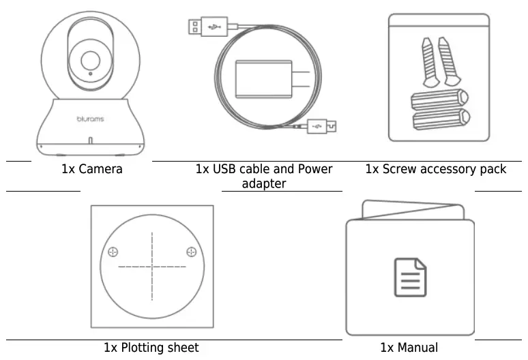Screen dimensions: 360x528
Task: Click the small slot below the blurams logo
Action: coord(90,141)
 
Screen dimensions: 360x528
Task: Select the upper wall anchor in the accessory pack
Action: coord(439,100)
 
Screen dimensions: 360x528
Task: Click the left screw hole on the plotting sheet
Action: coord(113,250)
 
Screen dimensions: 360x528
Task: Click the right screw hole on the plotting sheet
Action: coord(191,250)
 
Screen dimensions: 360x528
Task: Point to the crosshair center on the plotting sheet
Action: coord(152,266)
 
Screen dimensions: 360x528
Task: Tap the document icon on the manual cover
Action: coord(409,276)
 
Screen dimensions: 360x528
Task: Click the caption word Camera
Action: coord(101,169)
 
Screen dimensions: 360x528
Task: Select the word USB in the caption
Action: coord(229,169)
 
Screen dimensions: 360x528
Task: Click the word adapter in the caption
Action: coord(264,184)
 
